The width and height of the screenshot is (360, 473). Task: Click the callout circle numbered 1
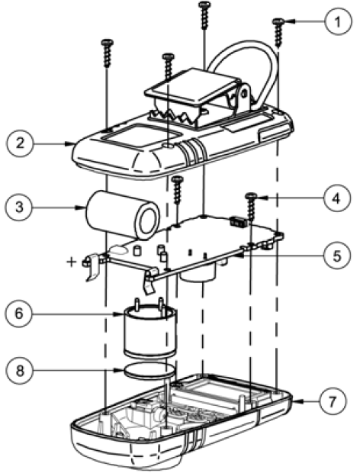[338, 21]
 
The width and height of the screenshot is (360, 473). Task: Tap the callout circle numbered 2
[20, 143]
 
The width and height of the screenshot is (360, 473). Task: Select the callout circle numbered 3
[18, 208]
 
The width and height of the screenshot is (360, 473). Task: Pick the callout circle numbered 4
[337, 198]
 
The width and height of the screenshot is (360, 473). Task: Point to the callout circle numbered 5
[337, 256]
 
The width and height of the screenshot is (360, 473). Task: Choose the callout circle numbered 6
[18, 314]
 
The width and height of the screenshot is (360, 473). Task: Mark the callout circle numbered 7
[333, 401]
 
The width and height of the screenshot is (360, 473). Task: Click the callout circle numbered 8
[20, 371]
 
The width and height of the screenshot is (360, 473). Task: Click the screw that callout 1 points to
[278, 33]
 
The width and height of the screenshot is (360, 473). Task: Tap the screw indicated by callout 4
[251, 208]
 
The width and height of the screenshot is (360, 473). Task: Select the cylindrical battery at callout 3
[122, 215]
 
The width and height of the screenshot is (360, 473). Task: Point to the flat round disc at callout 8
[149, 371]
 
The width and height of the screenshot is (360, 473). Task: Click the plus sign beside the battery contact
[72, 261]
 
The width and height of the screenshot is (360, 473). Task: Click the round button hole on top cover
[168, 146]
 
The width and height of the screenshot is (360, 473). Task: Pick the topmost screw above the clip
[204, 15]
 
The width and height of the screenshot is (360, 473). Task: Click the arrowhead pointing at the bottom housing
[296, 401]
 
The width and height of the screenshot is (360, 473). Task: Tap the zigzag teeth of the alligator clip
[173, 116]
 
